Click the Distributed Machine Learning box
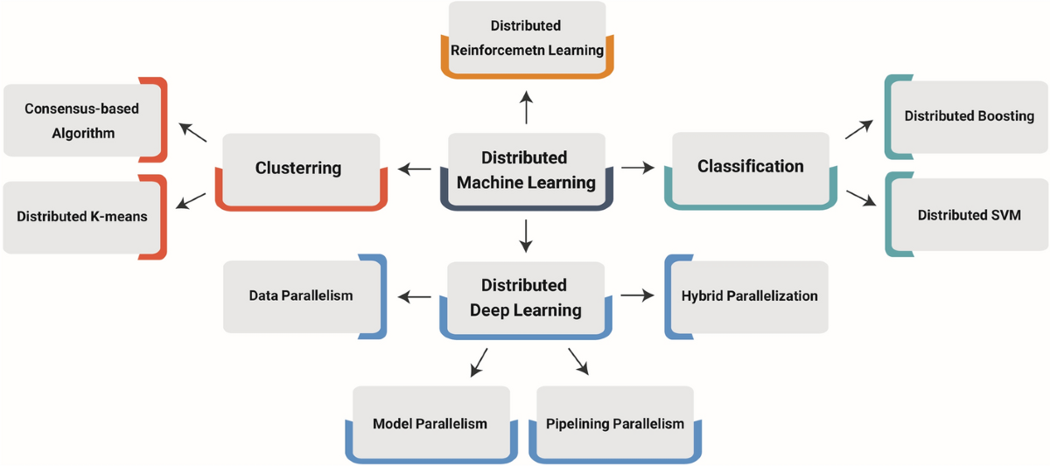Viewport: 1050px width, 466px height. [x=527, y=171]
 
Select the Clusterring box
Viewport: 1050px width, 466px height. [x=301, y=171]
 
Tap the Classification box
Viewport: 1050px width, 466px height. [x=751, y=170]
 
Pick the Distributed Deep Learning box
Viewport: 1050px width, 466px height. [x=526, y=300]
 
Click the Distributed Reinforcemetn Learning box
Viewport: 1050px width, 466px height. [x=527, y=39]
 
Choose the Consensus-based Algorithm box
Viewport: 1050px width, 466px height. [x=85, y=120]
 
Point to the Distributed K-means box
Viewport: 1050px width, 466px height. [x=84, y=217]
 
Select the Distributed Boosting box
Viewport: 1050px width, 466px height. [x=966, y=116]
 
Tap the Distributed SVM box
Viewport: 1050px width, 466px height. [x=967, y=214]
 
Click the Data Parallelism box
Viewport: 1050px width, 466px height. [x=304, y=296]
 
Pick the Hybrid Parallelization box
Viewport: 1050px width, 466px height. [x=746, y=297]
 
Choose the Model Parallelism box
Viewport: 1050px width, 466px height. [x=431, y=424]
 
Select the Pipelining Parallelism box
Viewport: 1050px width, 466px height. [x=615, y=424]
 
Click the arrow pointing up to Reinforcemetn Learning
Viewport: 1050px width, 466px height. [x=527, y=108]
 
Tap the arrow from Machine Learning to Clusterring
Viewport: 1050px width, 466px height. [x=415, y=169]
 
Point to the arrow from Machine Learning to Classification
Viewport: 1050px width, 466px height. [x=638, y=167]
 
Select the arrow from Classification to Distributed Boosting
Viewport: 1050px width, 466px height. [x=859, y=129]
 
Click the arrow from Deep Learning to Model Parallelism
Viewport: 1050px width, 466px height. [x=479, y=363]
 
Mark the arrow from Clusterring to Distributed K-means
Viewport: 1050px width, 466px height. [x=191, y=201]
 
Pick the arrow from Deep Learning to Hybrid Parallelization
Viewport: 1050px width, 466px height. [x=638, y=295]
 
